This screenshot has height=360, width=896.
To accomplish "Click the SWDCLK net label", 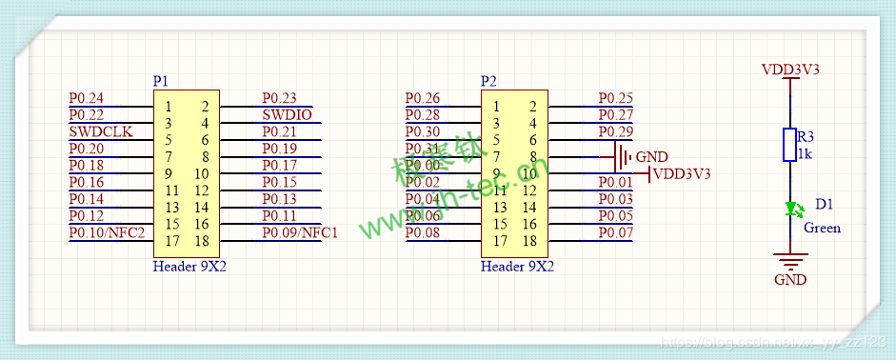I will (101, 131).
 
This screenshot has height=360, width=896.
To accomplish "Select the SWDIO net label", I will (287, 115).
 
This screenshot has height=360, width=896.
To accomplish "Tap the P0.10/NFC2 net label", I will (107, 233).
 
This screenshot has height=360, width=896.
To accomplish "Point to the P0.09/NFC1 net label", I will (300, 233).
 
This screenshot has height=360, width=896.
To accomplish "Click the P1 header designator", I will (161, 82).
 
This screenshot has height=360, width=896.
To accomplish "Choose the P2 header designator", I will (488, 82).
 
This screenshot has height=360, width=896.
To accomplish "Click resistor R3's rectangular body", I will (789, 145).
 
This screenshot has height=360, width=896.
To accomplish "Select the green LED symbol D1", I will (789, 209).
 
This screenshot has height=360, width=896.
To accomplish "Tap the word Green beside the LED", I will (823, 229).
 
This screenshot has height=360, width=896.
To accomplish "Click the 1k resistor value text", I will (805, 153).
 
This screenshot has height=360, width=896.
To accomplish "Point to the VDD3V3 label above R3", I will (790, 70).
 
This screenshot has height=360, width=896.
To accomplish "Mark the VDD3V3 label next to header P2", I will (683, 173).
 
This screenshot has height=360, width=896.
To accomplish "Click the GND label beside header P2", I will (651, 157).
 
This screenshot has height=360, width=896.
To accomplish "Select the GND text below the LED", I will (790, 280).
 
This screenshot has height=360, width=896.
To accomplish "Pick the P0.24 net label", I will (87, 98).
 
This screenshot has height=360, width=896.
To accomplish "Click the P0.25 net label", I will (615, 98).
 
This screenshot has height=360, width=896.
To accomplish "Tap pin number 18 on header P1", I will (202, 241).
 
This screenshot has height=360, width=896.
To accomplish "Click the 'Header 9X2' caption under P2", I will (517, 267).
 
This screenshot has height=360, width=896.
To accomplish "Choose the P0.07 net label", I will (615, 233).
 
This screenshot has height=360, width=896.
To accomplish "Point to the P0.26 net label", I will (422, 98).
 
